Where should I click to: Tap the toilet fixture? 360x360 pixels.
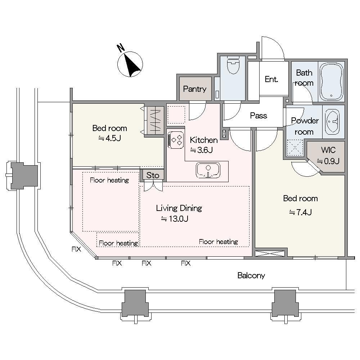[x=233, y=65]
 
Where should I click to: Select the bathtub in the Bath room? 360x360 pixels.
[x=331, y=82]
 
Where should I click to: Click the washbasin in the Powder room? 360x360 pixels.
[x=332, y=122]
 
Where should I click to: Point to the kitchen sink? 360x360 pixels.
[x=208, y=170]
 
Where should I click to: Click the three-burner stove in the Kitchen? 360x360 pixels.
[x=176, y=140]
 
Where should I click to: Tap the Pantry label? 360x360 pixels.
[x=195, y=89]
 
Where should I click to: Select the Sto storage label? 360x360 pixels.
[x=153, y=175]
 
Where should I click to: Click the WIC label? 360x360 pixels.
[x=328, y=150]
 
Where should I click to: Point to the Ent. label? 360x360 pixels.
[x=271, y=79]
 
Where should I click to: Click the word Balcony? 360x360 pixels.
[x=251, y=275]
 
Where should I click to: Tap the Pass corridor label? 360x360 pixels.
[x=258, y=116]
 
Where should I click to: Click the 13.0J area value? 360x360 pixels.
[x=175, y=219]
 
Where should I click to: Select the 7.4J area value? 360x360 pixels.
[x=301, y=212]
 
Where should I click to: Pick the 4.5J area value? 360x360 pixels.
[x=110, y=138]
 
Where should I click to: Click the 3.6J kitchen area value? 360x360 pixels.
[x=201, y=150]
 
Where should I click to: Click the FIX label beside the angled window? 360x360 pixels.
[x=76, y=249]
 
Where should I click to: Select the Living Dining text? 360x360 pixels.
[x=179, y=208]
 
